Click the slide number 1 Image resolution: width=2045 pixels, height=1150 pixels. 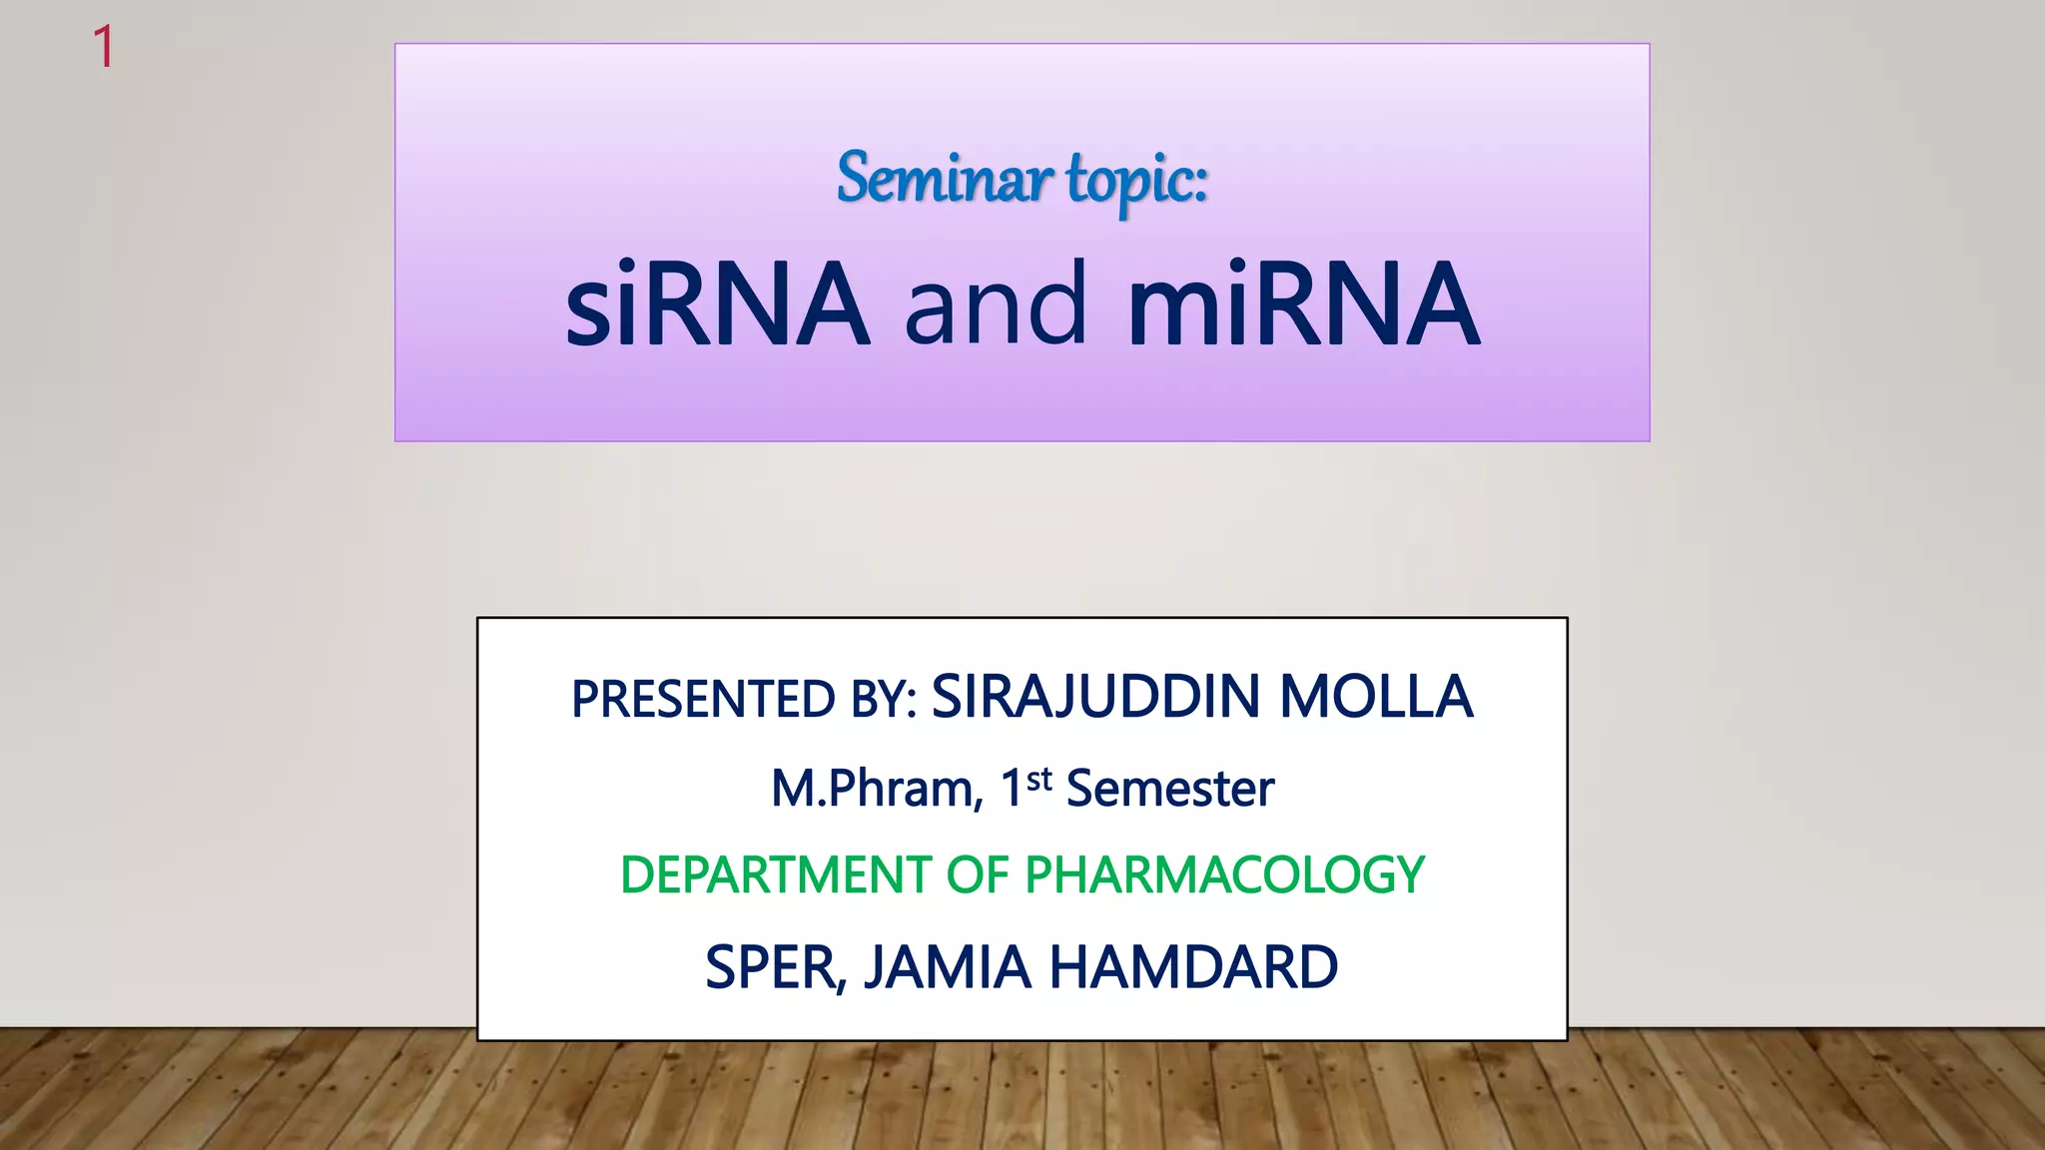click(x=103, y=47)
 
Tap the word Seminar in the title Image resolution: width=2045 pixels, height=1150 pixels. click(x=944, y=180)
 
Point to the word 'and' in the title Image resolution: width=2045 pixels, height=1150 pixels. click(x=996, y=303)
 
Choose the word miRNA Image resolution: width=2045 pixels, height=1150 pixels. click(x=1303, y=303)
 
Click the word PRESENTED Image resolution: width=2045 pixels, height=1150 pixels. click(x=703, y=699)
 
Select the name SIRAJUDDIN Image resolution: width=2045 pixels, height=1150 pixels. click(x=1095, y=697)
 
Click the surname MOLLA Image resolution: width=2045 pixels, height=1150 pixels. click(x=1376, y=697)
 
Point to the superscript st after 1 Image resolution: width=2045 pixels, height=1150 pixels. click(x=1039, y=778)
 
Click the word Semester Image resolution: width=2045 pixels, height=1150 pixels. click(x=1170, y=789)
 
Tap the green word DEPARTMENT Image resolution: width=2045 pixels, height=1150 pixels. click(x=776, y=875)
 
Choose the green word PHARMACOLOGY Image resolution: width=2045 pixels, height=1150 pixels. click(x=1225, y=875)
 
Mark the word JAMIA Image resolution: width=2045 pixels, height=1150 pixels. click(x=947, y=967)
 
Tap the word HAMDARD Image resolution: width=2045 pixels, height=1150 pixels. click(x=1193, y=967)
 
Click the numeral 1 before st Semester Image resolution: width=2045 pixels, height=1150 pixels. click(x=1012, y=789)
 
